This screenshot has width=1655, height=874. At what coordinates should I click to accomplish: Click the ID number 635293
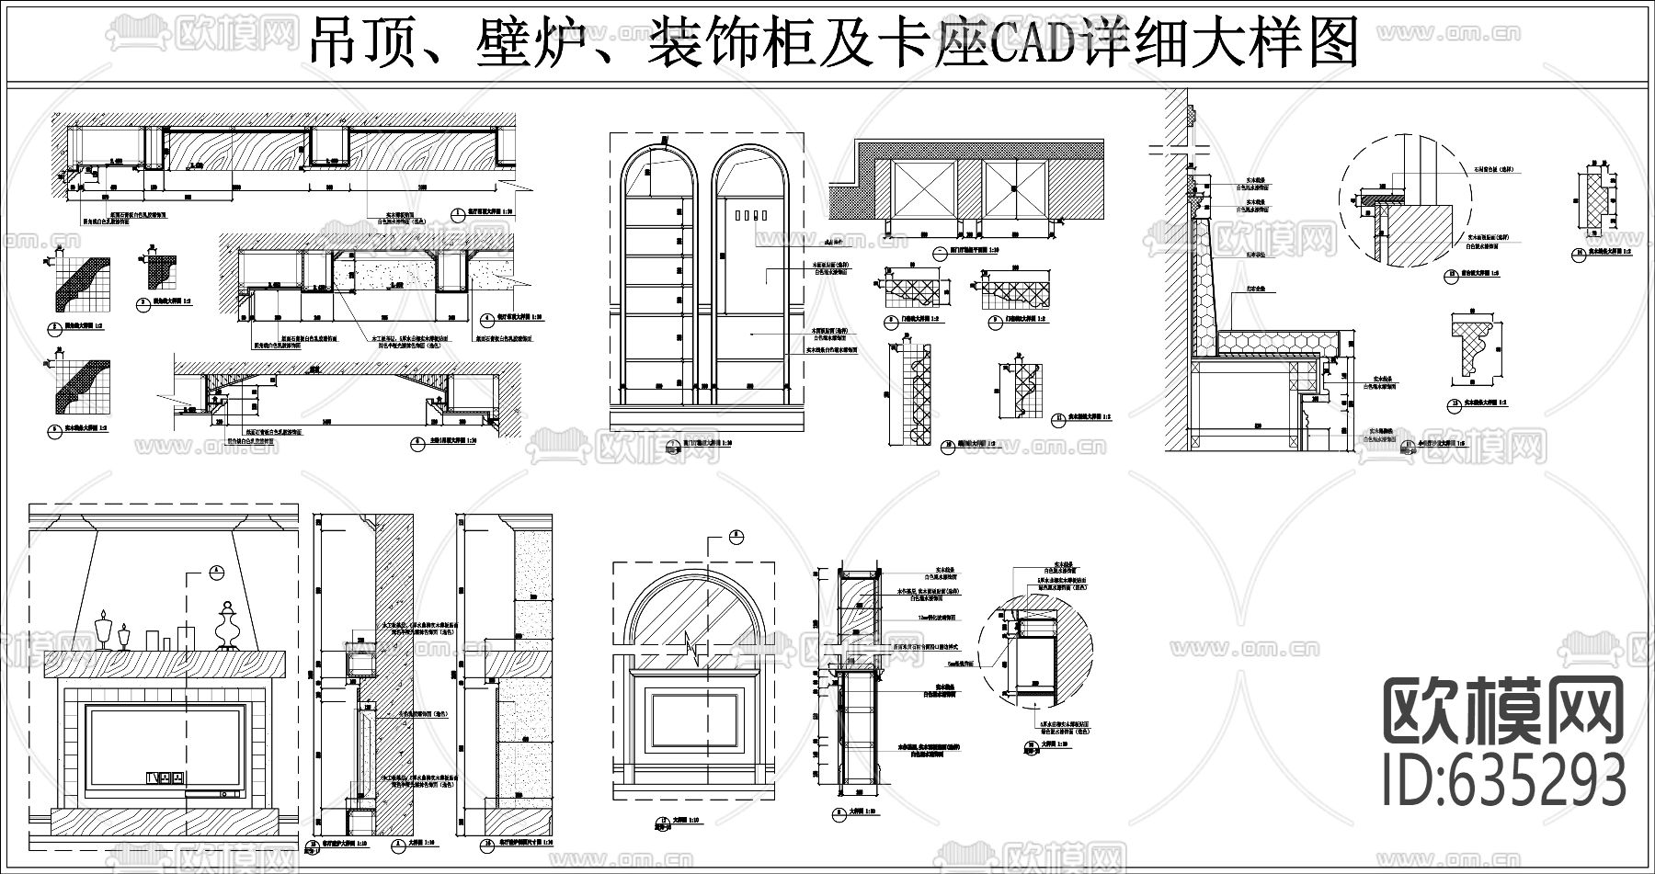(x=1505, y=779)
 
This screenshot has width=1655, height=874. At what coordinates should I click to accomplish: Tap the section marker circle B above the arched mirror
(x=735, y=538)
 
